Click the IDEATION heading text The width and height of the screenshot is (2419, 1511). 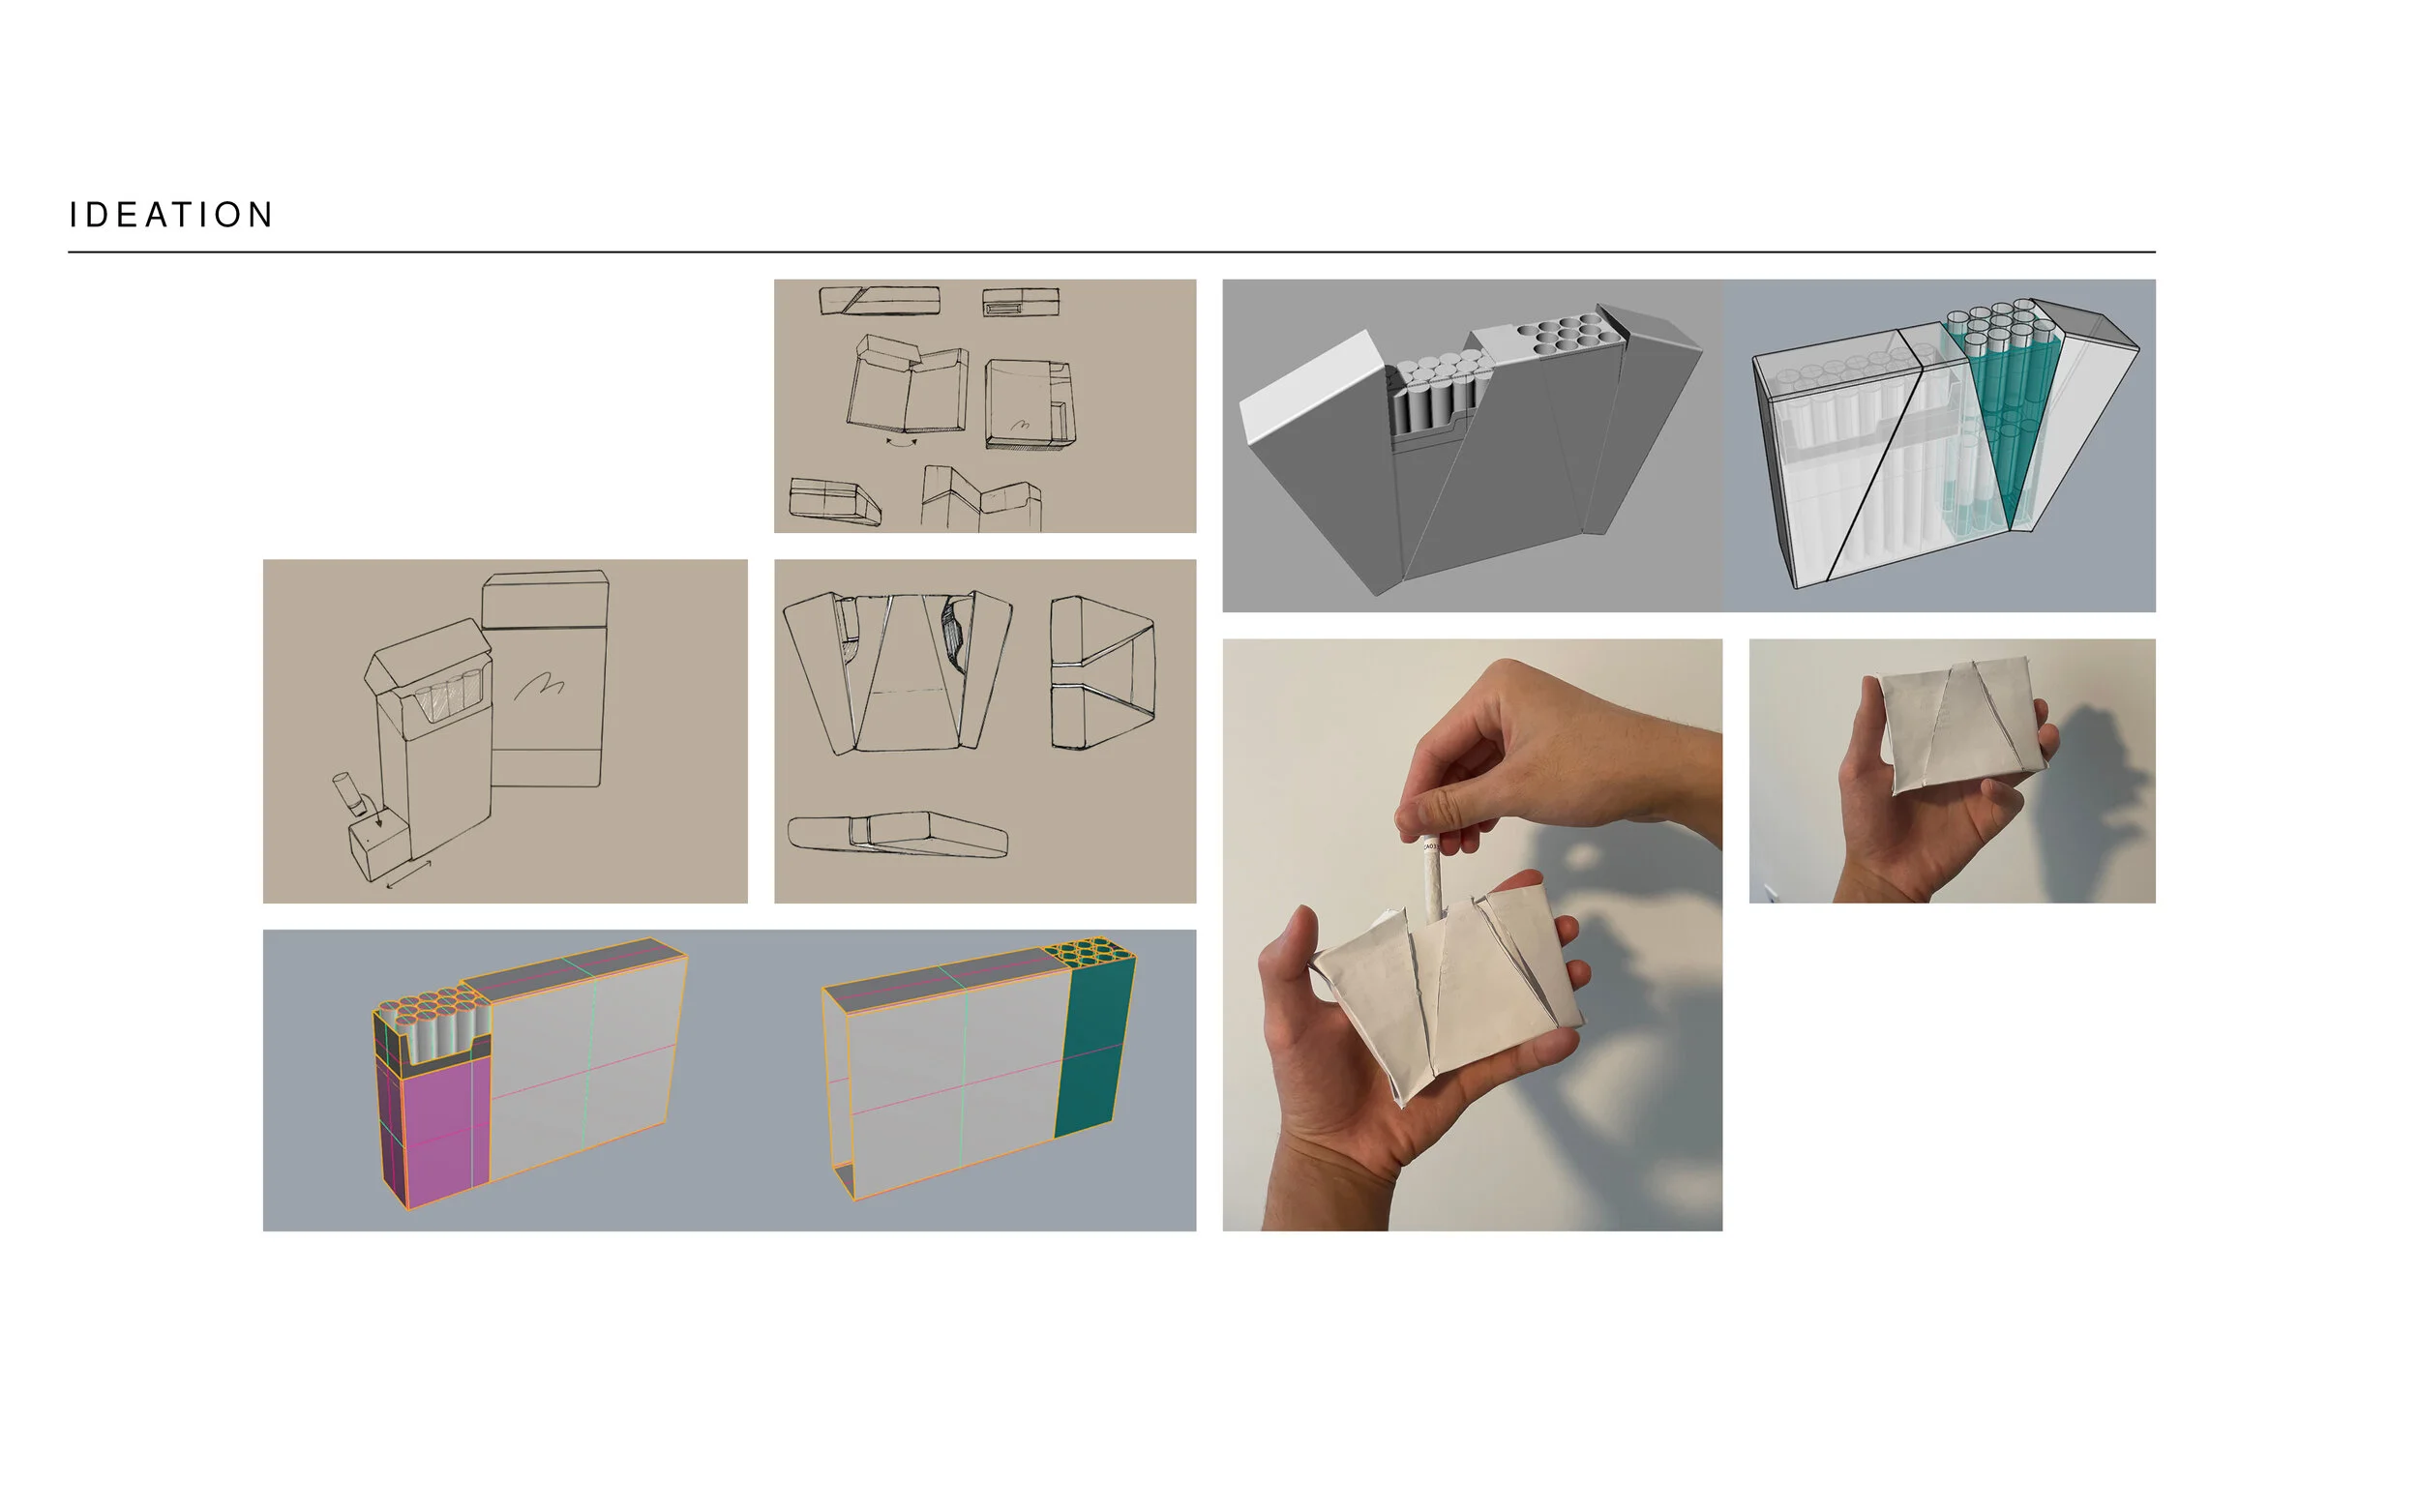coord(171,215)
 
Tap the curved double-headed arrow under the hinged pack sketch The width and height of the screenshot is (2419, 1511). coord(902,441)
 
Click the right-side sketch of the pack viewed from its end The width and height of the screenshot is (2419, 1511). coord(1101,671)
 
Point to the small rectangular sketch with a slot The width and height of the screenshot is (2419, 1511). coord(1020,302)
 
